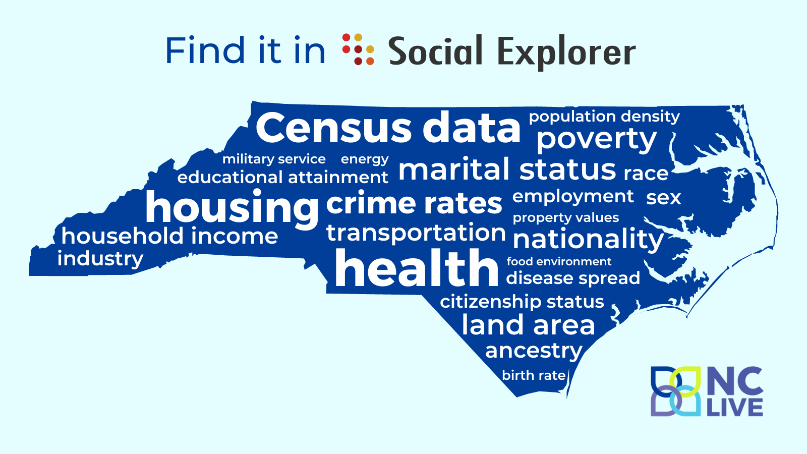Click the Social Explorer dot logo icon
pyautogui.click(x=358, y=49)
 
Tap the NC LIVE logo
pyautogui.click(x=707, y=391)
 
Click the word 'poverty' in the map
pyautogui.click(x=597, y=139)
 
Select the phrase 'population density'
pyautogui.click(x=604, y=117)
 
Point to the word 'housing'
pyautogui.click(x=232, y=209)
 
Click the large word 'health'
pyautogui.click(x=417, y=268)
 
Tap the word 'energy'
pyautogui.click(x=365, y=159)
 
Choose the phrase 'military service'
pyautogui.click(x=274, y=159)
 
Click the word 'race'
pyautogui.click(x=646, y=174)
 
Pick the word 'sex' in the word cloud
pyautogui.click(x=664, y=198)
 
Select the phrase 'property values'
pyautogui.click(x=565, y=217)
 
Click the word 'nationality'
pyautogui.click(x=588, y=240)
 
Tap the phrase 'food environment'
pyautogui.click(x=559, y=261)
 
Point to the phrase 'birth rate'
pyautogui.click(x=534, y=375)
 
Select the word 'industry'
pyautogui.click(x=100, y=259)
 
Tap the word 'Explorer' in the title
pyautogui.click(x=567, y=52)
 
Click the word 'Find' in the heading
pyautogui.click(x=205, y=50)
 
